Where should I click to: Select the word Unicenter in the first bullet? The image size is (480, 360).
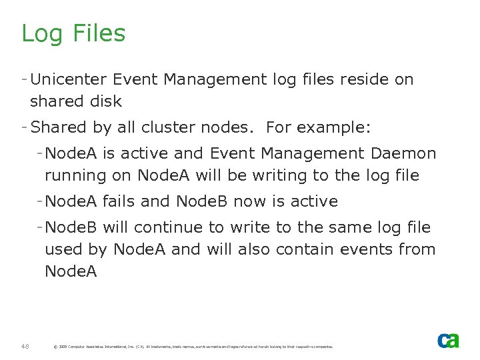[x=69, y=79]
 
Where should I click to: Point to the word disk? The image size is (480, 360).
[x=107, y=101]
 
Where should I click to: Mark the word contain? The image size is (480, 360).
[x=305, y=249]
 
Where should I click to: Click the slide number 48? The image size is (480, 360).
[x=25, y=345]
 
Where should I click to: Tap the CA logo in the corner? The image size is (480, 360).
[x=448, y=340]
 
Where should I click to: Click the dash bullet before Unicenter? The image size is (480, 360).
[x=24, y=79]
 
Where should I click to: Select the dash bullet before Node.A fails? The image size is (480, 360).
[x=40, y=201]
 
